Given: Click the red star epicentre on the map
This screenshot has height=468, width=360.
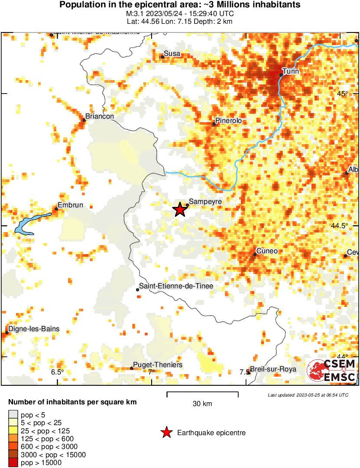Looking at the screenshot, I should [180, 210].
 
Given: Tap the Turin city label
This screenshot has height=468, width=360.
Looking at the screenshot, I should [291, 71].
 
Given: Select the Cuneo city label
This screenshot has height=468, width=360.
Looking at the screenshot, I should [267, 251].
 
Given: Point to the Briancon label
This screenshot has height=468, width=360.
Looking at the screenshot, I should [100, 116].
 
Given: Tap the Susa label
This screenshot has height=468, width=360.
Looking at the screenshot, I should [172, 54].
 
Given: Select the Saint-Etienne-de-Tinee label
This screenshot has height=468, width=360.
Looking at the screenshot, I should [176, 286].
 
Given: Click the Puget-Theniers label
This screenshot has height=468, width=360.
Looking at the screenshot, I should [158, 365].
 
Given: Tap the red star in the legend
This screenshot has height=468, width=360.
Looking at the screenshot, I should [166, 432].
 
